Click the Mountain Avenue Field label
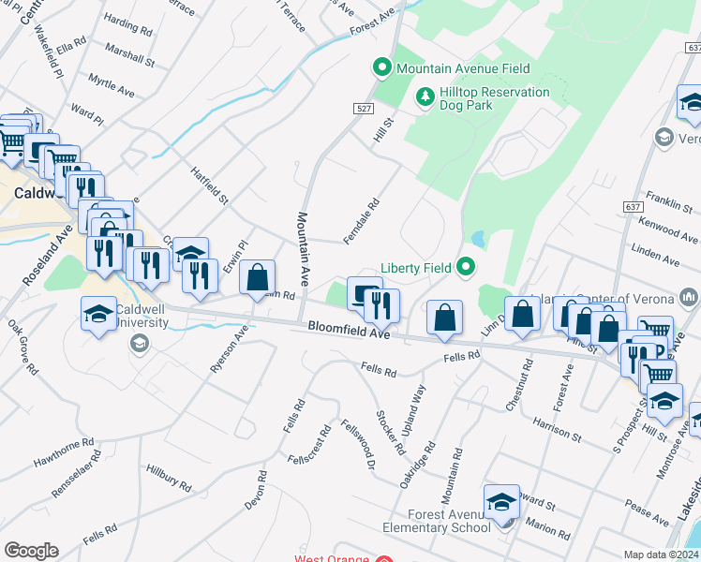(x=463, y=68)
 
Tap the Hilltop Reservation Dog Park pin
(x=425, y=96)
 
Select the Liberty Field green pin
(x=466, y=268)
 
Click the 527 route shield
(x=365, y=110)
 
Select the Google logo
(x=31, y=551)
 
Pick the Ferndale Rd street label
(x=361, y=221)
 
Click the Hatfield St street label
(x=209, y=185)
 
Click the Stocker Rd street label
(x=390, y=431)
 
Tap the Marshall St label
(x=130, y=53)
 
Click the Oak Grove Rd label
(x=22, y=348)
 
